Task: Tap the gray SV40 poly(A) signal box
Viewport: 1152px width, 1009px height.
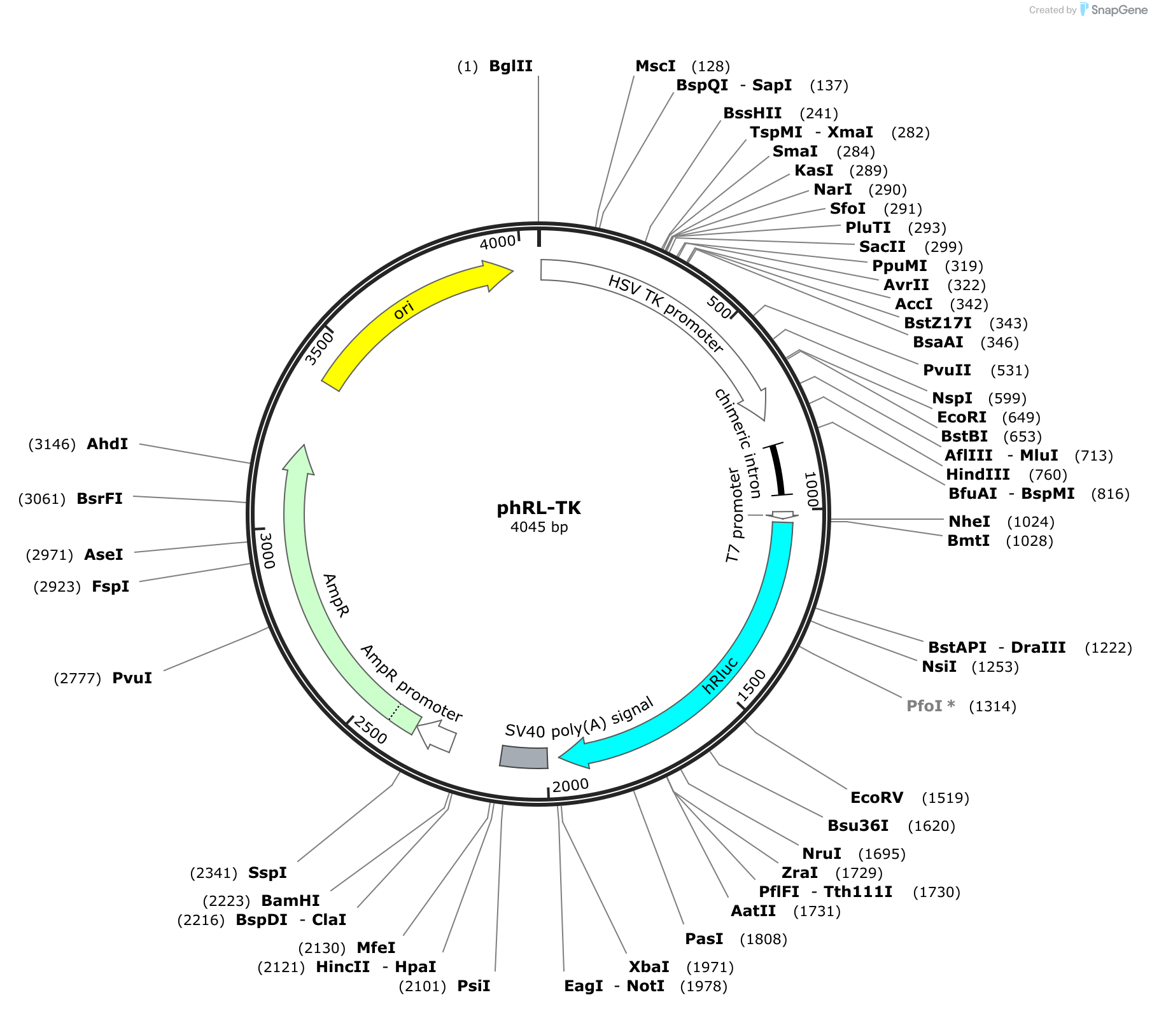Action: pyautogui.click(x=524, y=756)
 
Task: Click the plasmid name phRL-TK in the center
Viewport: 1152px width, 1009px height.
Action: pyautogui.click(x=538, y=508)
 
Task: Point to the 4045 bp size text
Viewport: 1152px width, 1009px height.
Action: pyautogui.click(x=539, y=527)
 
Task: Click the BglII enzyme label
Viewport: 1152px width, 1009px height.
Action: pyautogui.click(x=510, y=66)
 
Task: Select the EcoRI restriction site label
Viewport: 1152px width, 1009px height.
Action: pyautogui.click(x=961, y=417)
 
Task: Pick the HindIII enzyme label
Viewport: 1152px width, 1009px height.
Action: pyautogui.click(x=978, y=475)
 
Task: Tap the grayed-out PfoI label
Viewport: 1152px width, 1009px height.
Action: pyautogui.click(x=931, y=706)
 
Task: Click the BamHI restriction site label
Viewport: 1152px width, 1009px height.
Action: pyautogui.click(x=290, y=901)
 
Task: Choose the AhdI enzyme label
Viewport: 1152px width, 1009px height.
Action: pyautogui.click(x=107, y=444)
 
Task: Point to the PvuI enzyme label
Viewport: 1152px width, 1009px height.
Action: pyautogui.click(x=132, y=678)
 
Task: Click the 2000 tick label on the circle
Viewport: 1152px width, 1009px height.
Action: pyautogui.click(x=570, y=786)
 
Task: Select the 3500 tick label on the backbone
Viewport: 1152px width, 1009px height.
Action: pyautogui.click(x=320, y=349)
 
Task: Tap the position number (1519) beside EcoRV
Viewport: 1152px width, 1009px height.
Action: pyautogui.click(x=945, y=798)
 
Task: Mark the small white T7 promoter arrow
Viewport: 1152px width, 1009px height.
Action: pyautogui.click(x=782, y=515)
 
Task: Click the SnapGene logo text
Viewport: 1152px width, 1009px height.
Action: pyautogui.click(x=1119, y=10)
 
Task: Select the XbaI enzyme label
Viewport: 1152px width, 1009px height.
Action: pyautogui.click(x=649, y=967)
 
